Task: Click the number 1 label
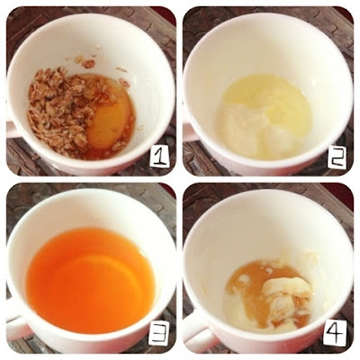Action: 159,157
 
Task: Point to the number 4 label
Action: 335,332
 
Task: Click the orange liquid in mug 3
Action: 90,279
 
